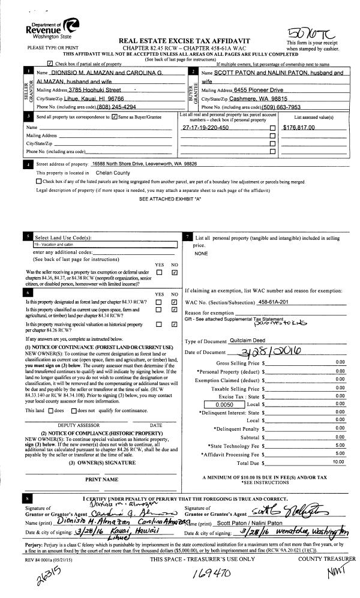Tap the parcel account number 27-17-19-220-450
[205, 128]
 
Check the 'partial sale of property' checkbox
[50, 64]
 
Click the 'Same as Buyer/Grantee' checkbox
[114, 117]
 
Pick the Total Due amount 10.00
[338, 462]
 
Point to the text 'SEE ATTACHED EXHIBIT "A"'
[170, 198]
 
